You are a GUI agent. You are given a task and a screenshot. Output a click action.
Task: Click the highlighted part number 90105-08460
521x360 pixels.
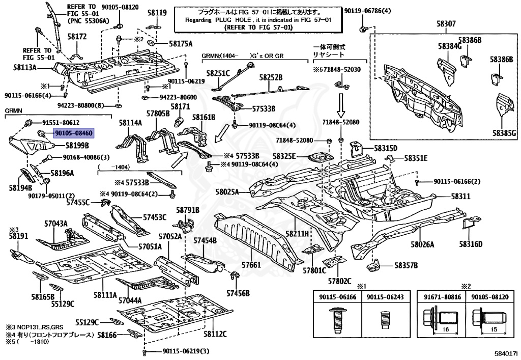(74, 133)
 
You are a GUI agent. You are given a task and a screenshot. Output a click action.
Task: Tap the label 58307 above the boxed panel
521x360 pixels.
(446, 24)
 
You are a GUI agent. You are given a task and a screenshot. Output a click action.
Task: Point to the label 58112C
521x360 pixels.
(215, 334)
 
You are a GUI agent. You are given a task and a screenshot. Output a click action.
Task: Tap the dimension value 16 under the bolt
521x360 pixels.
(446, 329)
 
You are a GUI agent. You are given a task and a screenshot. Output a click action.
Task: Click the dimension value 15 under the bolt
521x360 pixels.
(494, 329)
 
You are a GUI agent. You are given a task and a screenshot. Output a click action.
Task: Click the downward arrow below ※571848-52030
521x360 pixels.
(341, 105)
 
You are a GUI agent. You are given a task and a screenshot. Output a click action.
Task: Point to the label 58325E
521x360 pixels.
(284, 156)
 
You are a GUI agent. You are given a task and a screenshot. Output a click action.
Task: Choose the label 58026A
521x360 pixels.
(422, 244)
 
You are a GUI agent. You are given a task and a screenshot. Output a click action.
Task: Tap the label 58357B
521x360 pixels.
(406, 265)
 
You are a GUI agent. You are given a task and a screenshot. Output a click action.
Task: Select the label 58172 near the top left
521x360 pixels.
(77, 36)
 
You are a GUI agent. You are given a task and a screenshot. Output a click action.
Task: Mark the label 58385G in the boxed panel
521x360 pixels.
(504, 133)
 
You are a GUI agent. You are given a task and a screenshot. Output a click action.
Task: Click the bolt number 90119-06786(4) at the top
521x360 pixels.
(367, 11)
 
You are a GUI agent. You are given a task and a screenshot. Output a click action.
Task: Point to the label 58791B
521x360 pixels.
(188, 210)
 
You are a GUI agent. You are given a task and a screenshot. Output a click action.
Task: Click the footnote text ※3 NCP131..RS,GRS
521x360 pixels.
(34, 327)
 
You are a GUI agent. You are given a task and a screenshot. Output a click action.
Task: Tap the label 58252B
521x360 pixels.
(271, 77)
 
